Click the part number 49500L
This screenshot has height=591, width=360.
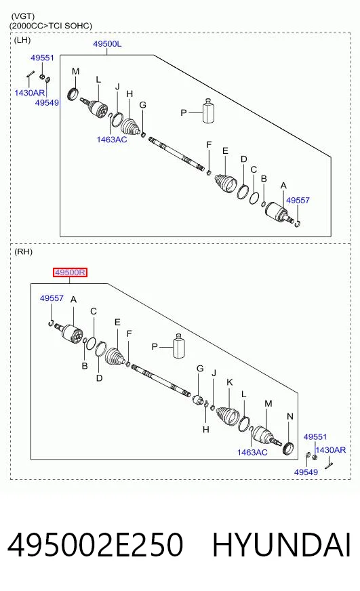(107, 44)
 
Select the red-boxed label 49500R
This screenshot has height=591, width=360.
(70, 272)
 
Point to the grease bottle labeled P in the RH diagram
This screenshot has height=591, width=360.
(179, 346)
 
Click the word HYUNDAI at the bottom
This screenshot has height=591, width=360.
(281, 545)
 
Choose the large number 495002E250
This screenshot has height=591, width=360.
(96, 545)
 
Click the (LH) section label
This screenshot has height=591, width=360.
(22, 40)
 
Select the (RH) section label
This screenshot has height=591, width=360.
(23, 251)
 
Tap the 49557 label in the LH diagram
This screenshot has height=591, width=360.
(298, 200)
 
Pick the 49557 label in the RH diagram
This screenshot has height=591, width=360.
(52, 298)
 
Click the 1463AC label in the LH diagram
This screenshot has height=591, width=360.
(112, 140)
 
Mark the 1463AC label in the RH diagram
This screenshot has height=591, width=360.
(252, 452)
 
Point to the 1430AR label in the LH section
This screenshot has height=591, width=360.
(29, 93)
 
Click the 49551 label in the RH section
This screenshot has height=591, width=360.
(315, 437)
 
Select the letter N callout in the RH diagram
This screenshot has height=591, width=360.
(290, 417)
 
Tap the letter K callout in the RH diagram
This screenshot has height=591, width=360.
(230, 382)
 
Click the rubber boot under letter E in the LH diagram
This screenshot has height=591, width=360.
(226, 183)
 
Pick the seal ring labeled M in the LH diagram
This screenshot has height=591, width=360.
(73, 94)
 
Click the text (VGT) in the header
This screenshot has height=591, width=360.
(23, 16)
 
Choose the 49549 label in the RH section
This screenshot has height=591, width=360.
(306, 472)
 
